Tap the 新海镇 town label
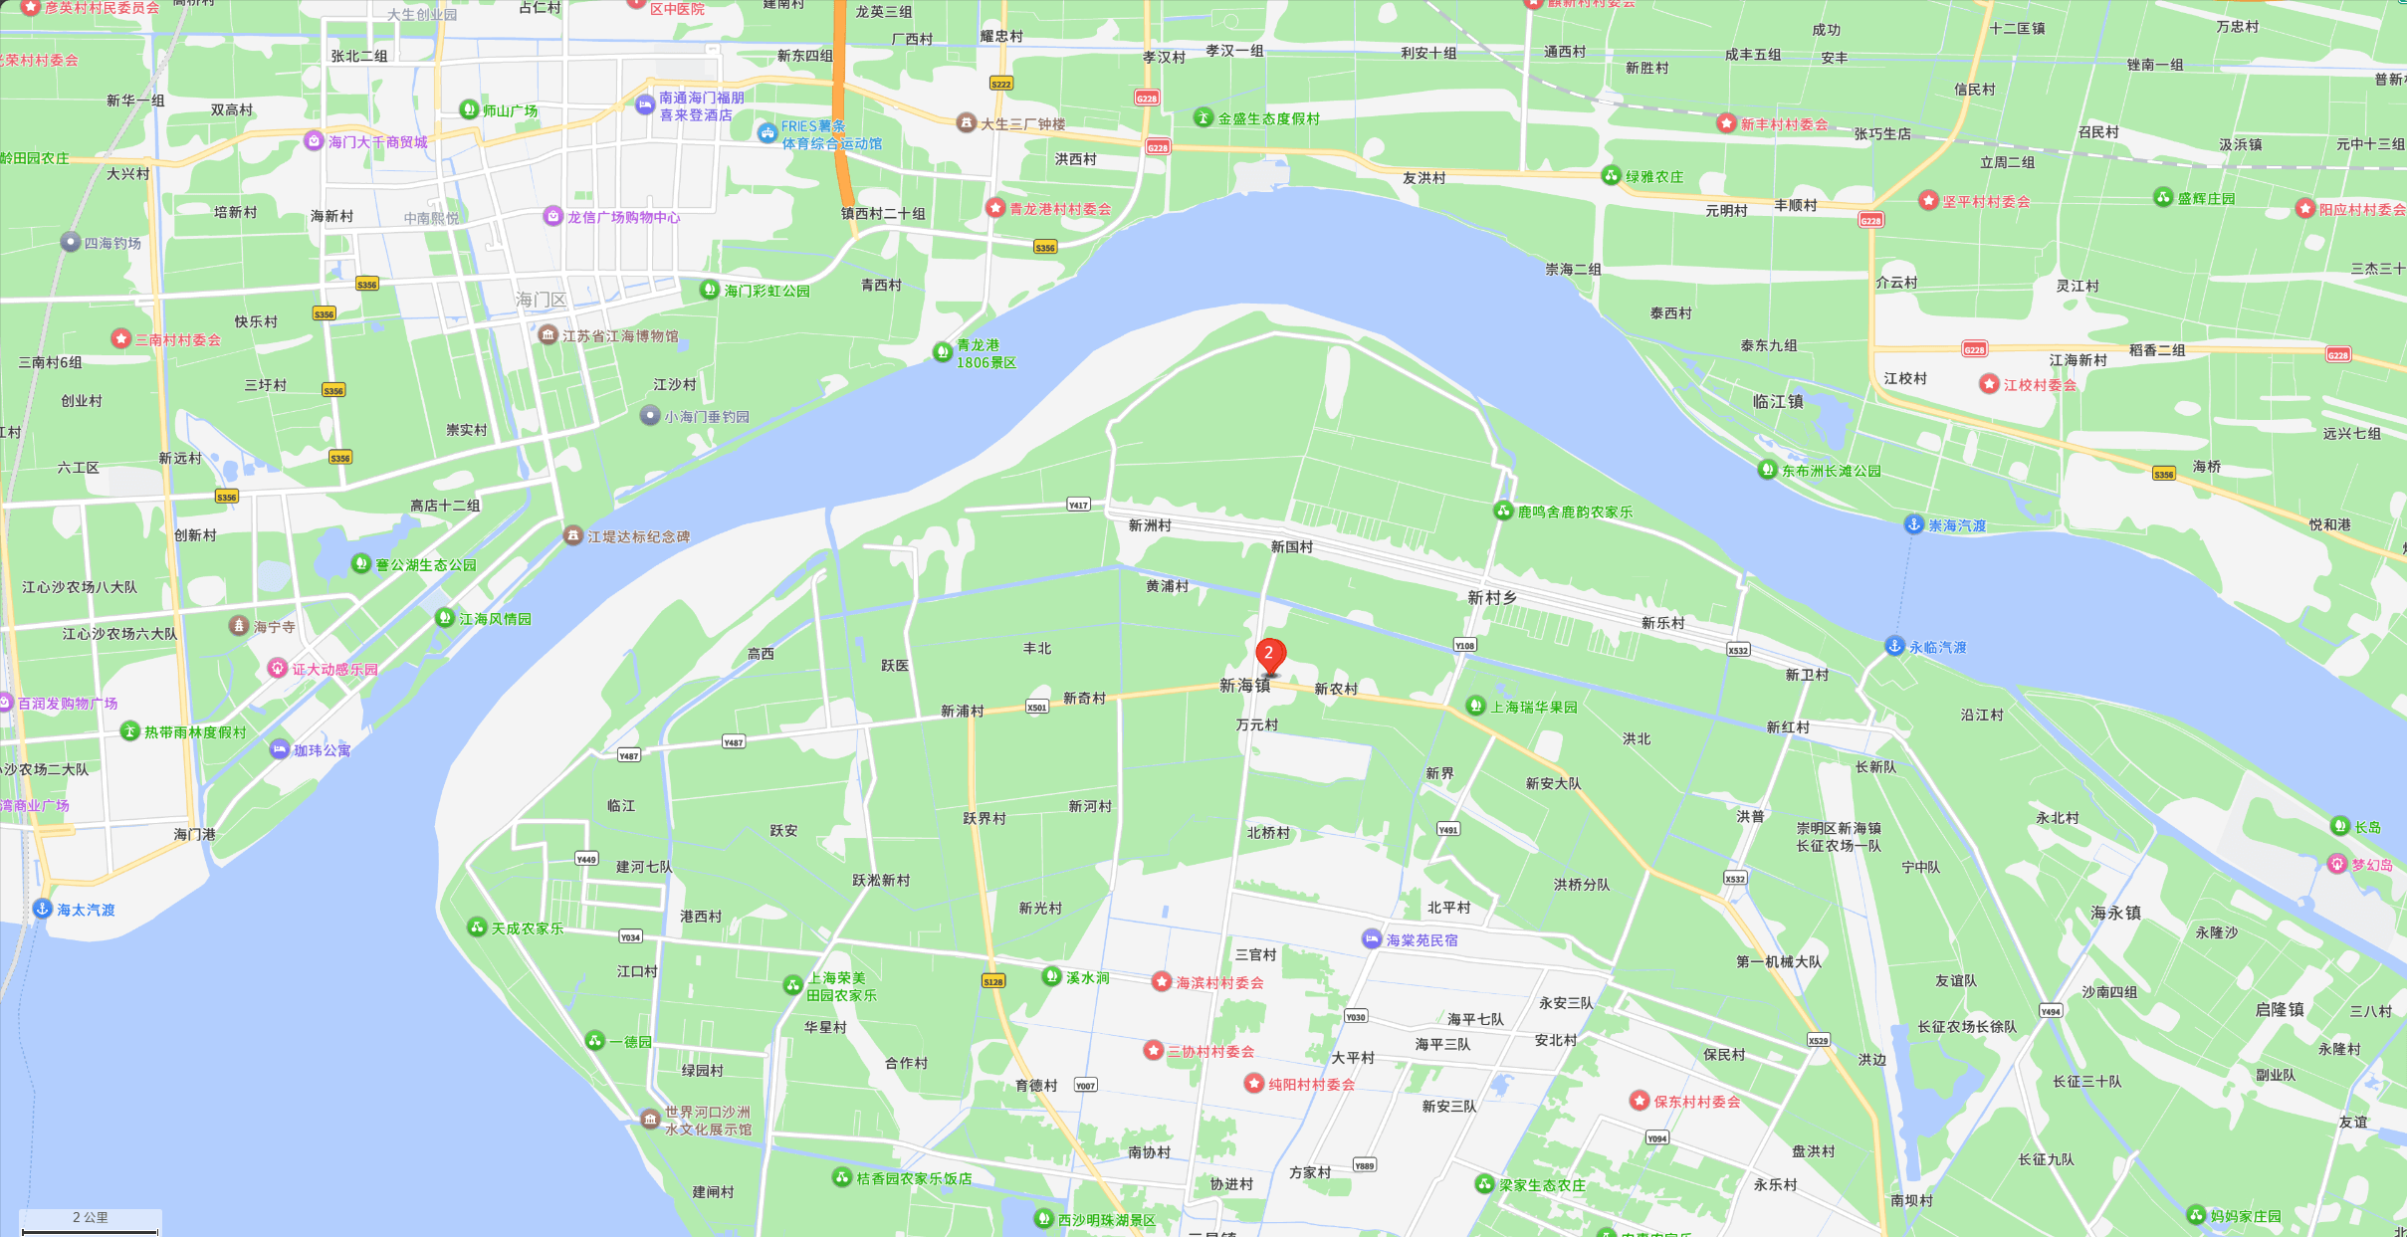(1244, 686)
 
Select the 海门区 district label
(541, 300)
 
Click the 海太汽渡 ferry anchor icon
(43, 909)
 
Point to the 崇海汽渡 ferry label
(1957, 525)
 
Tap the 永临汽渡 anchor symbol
(1894, 646)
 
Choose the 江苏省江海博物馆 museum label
(620, 336)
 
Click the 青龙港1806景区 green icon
(942, 352)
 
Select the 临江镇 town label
(1778, 402)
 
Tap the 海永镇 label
(2115, 913)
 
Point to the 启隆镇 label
(2280, 1009)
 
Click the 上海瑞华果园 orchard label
(1533, 707)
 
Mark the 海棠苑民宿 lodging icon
(1372, 939)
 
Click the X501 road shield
(1036, 708)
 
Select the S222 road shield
(1000, 84)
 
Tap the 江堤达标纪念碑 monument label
(638, 536)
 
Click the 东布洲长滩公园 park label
(1831, 471)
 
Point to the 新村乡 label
(1491, 597)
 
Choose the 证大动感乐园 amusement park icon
(278, 669)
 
